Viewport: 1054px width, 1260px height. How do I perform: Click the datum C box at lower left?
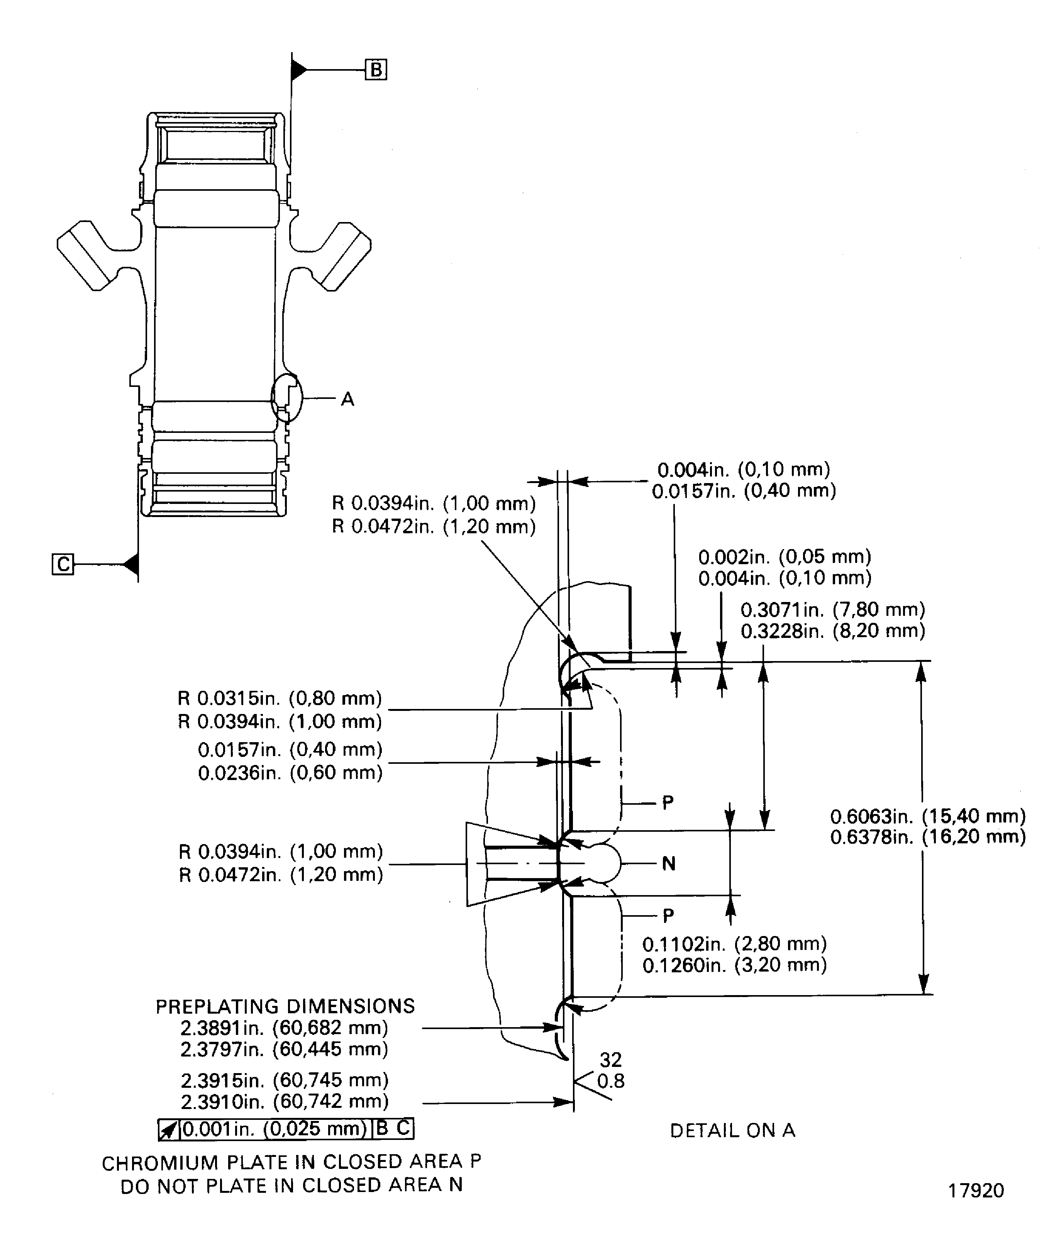tap(63, 564)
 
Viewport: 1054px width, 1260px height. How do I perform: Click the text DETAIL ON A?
tap(732, 1130)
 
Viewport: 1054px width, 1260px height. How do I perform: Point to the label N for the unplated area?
tap(668, 864)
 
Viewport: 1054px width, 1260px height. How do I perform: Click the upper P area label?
tap(668, 803)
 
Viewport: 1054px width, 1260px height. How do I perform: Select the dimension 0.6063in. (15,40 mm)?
tap(927, 816)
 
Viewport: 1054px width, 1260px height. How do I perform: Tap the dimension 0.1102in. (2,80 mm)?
tap(734, 944)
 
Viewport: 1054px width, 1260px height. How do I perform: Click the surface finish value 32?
tap(611, 1060)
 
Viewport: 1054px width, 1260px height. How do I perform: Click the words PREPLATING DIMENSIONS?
tap(285, 1006)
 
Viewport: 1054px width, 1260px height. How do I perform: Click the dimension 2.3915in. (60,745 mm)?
tap(284, 1080)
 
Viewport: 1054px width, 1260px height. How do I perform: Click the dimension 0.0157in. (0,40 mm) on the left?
tap(290, 750)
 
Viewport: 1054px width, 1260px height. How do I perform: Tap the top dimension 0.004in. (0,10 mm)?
tap(743, 469)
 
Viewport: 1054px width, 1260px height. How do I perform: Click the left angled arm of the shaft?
tap(87, 254)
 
